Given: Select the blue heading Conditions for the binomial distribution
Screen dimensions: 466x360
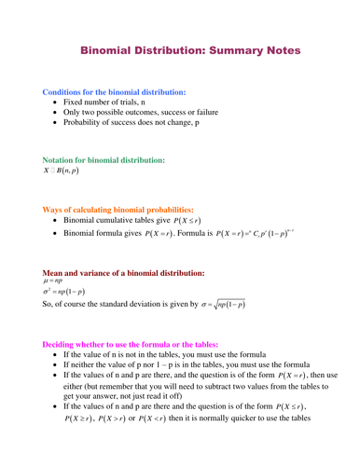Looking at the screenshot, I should (x=114, y=92).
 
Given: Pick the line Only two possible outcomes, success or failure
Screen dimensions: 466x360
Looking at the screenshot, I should (x=140, y=111).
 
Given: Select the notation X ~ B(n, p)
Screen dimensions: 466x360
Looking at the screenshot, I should (x=62, y=172).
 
